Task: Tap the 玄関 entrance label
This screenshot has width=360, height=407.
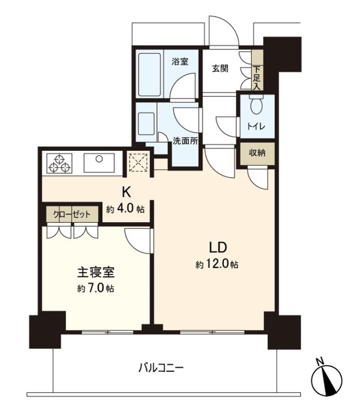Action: [x=220, y=69]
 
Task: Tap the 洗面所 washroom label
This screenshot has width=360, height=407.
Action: [x=185, y=141]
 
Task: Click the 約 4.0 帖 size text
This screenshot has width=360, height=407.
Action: [x=125, y=209]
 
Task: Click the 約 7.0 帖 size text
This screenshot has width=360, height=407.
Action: [x=95, y=289]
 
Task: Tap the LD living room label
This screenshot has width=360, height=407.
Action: [x=217, y=247]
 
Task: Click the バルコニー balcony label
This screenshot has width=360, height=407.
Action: [x=161, y=367]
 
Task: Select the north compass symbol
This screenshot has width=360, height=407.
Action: [x=327, y=378]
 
